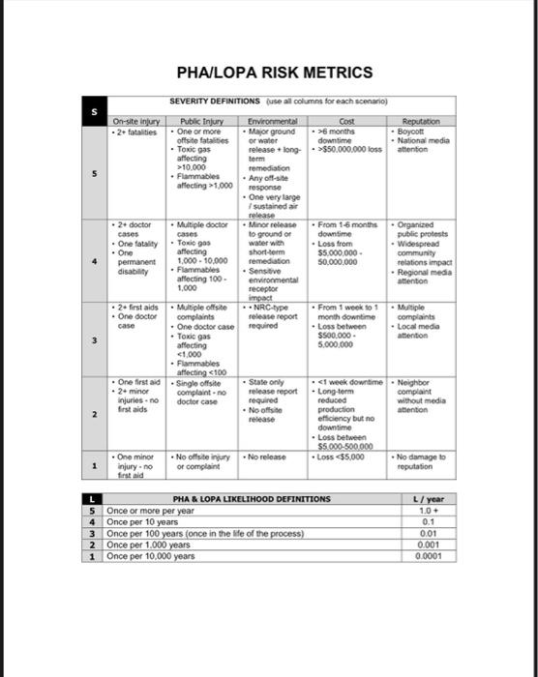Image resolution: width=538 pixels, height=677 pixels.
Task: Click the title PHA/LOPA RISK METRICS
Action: [x=274, y=73]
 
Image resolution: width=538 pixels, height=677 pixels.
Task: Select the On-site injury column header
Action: [x=136, y=121]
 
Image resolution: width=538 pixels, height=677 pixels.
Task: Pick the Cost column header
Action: [x=347, y=121]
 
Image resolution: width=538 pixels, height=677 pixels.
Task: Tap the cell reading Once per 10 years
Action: [x=144, y=521]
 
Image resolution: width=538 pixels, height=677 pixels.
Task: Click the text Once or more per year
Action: [x=150, y=510]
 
